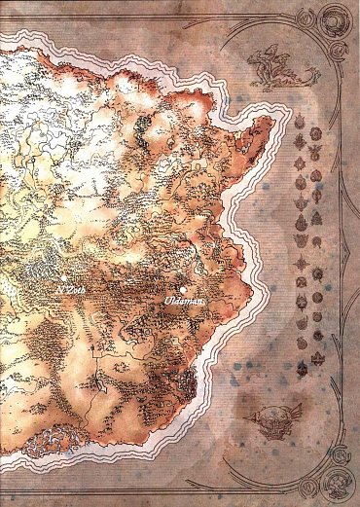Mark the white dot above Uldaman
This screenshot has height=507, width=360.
pyautogui.click(x=183, y=290)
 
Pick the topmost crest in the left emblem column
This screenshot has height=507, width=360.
pyautogui.click(x=300, y=126)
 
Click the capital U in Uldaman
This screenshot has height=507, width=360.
pyautogui.click(x=167, y=303)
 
